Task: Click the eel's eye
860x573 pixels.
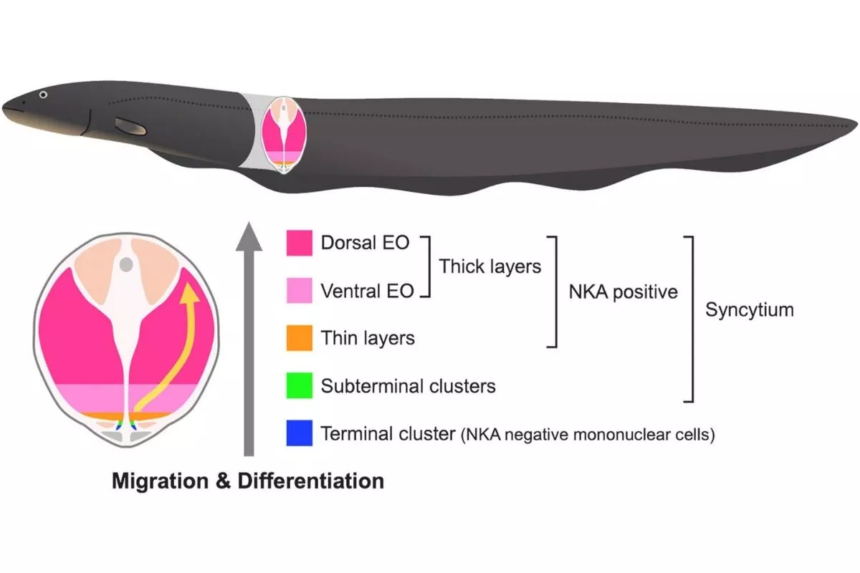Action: [44, 95]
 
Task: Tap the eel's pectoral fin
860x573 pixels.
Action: [130, 127]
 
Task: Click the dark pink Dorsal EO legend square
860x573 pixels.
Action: [299, 242]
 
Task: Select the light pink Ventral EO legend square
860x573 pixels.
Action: [299, 290]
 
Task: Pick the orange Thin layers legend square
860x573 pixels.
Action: [299, 337]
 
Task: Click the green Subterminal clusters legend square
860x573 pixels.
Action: [299, 386]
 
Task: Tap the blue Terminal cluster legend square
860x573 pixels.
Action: [299, 434]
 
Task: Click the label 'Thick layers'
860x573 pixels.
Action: [489, 266]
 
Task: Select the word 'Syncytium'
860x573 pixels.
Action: [750, 310]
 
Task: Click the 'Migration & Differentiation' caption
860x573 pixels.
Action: [247, 481]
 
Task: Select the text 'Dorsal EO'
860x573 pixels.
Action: [365, 242]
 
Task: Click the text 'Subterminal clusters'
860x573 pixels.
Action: [408, 386]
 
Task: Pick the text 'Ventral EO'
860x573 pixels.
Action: [367, 291]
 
